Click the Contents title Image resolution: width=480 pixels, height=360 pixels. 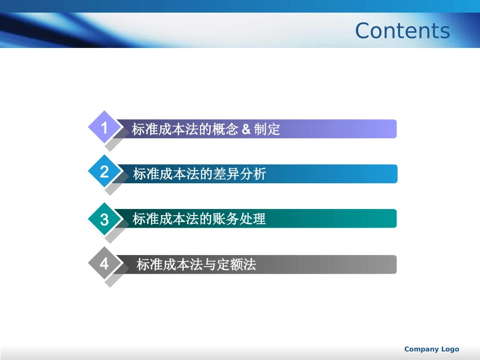pos(402,30)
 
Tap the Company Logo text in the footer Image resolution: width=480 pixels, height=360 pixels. pos(431,349)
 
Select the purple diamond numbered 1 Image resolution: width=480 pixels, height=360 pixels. pos(104,128)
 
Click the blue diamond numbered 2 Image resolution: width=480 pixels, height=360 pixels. pos(104,172)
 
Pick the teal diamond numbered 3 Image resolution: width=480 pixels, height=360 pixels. pos(104,220)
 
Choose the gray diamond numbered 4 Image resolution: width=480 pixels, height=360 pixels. pos(104,263)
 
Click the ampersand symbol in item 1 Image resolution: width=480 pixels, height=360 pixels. pos(246,129)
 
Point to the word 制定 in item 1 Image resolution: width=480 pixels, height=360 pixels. pos(267,129)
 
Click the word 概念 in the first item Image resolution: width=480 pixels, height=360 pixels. pos(225,129)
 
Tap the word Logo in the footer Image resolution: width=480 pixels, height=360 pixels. pos(450,349)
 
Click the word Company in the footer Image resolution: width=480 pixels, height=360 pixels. pos(421,349)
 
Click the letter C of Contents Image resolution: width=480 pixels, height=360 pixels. pos(364,31)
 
